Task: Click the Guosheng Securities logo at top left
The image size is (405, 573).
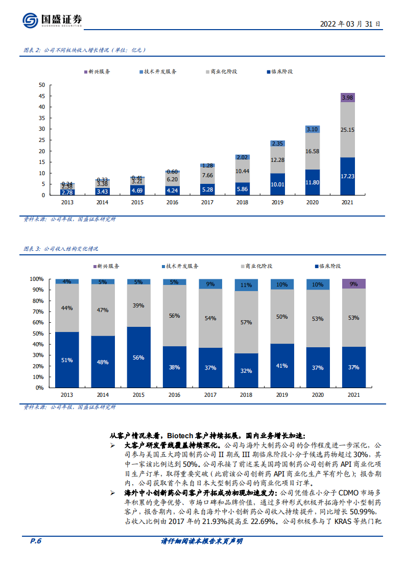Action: (52, 20)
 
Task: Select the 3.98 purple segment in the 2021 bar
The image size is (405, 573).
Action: (347, 98)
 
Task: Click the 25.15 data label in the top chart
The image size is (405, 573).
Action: (347, 130)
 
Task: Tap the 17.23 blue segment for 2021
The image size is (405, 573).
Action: (347, 176)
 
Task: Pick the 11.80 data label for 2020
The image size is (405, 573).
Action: (312, 182)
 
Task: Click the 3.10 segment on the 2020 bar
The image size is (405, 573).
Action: (312, 129)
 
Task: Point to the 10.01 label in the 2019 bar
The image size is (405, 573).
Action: (277, 184)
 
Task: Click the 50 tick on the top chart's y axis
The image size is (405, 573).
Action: (42, 85)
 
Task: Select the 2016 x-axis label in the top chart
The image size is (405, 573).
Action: (172, 203)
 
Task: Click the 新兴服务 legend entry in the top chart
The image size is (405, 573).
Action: (97, 72)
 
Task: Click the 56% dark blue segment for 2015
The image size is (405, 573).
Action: (138, 357)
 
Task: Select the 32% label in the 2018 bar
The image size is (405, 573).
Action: (246, 371)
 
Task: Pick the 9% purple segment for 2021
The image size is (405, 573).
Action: (353, 284)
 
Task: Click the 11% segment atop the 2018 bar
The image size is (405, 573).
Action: (246, 285)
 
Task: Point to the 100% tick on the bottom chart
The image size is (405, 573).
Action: (37, 279)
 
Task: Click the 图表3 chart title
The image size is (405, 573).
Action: (61, 249)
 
